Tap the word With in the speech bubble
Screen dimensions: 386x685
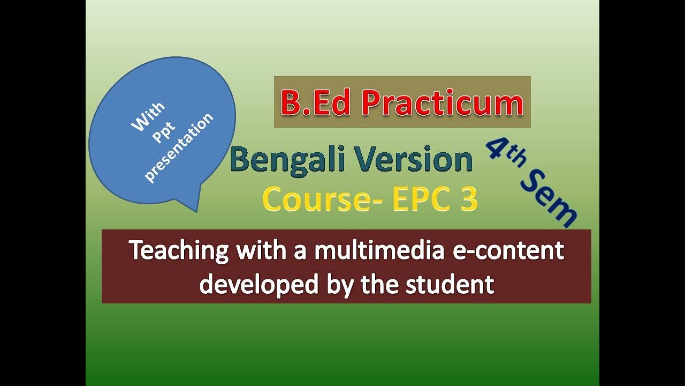(x=148, y=117)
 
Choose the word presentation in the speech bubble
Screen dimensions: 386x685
(x=179, y=147)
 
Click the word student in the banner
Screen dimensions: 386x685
(x=450, y=284)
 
